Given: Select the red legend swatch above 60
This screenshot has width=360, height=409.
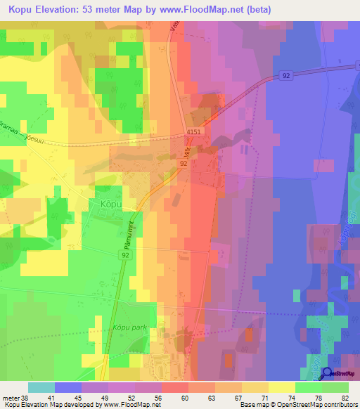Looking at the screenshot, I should (x=175, y=387).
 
